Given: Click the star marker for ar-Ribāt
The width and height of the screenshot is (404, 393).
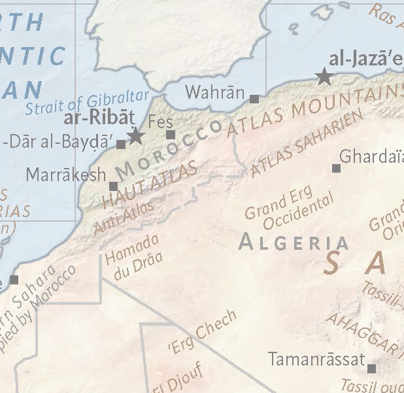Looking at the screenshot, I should tap(135, 136).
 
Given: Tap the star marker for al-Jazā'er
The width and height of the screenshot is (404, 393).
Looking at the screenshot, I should tap(324, 77).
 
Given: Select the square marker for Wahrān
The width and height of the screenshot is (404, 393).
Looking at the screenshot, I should tap(254, 99).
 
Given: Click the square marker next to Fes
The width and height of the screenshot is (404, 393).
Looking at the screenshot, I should tap(171, 135).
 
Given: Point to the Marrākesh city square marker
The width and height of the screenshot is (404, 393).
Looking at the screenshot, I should tap(114, 186).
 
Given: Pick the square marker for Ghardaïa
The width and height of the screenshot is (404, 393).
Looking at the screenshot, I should tap(336, 168).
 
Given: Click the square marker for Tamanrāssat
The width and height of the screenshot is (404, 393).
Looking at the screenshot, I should tap(371, 368).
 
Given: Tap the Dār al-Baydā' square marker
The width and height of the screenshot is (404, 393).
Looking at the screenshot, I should tap(121, 145).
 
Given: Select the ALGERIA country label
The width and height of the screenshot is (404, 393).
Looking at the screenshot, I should tap(293, 242).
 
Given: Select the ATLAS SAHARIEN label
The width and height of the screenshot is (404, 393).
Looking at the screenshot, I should tap(306, 144).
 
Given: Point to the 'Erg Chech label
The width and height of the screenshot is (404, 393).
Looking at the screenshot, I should tap(202, 332).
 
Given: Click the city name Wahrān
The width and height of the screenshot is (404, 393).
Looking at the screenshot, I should tap(214, 92).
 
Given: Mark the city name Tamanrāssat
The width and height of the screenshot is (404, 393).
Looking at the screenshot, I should tap(316, 359).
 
